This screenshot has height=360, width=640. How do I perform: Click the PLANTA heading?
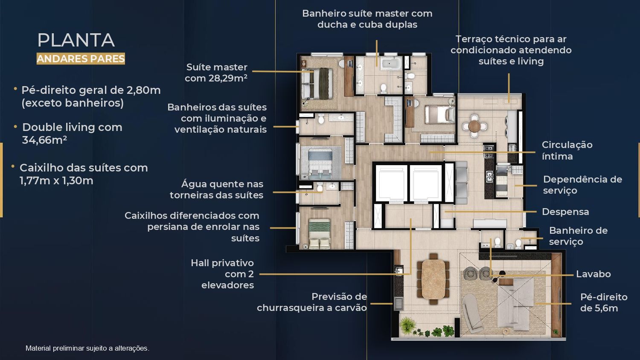[x=76, y=40]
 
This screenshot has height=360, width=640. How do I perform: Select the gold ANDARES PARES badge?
[x=81, y=58]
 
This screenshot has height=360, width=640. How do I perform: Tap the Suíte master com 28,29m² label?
[x=216, y=73]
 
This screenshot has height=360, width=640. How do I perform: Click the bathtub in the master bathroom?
[x=391, y=64]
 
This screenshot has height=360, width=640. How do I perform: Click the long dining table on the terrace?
[x=433, y=279]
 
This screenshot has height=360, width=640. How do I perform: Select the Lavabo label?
[x=593, y=274]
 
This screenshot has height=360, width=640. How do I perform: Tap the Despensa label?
[x=565, y=212]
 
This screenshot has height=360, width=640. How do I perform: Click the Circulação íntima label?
[x=567, y=151]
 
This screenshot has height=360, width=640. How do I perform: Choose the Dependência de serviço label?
[x=582, y=185]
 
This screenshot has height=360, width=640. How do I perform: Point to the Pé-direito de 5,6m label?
[x=604, y=302]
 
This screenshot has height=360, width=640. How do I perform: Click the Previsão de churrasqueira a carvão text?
[x=312, y=302]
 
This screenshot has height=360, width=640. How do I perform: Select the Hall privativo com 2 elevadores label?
[x=222, y=274]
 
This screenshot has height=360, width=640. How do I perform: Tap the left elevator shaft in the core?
[x=391, y=183]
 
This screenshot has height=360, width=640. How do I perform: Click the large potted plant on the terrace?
[x=407, y=325]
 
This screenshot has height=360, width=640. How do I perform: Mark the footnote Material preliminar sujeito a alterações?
[x=87, y=348]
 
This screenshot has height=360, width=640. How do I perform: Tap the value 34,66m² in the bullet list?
[x=44, y=140]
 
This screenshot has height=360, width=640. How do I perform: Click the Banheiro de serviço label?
[x=578, y=236]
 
